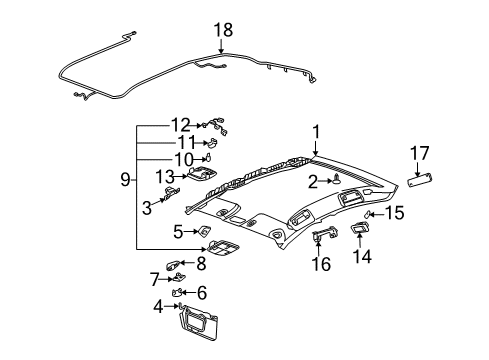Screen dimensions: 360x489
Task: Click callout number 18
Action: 222,30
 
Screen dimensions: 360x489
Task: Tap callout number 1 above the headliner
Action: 315,131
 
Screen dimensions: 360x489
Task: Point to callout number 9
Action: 124,180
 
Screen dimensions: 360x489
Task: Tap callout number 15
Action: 395,240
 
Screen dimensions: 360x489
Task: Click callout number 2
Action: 312,181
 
